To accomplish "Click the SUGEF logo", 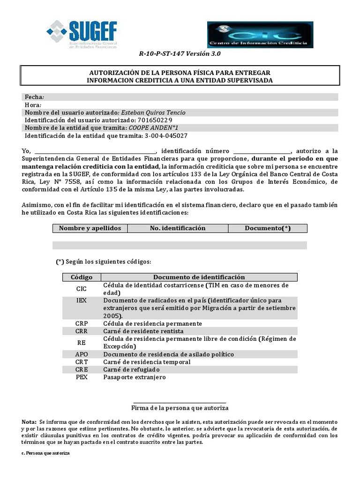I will [82, 34].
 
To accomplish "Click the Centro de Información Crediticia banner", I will [260, 35].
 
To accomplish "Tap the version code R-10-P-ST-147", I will [162, 54].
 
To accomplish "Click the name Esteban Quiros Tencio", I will [153, 112].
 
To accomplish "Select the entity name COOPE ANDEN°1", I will [153, 127].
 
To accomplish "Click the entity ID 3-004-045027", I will [165, 135].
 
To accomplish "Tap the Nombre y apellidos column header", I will [90, 228].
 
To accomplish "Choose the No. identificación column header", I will [178, 228].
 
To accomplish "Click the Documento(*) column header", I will [268, 228].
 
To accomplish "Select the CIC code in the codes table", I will [82, 289].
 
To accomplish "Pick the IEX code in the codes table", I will [82, 300].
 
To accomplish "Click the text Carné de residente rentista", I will [144, 331].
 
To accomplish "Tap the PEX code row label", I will [82, 377].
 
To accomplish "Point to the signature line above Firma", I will [180, 402].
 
